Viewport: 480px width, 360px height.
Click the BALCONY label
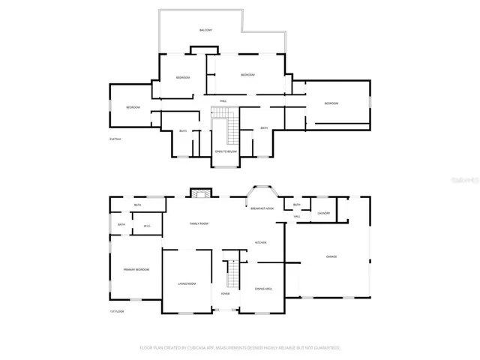click(205, 30)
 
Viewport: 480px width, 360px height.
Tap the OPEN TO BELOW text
click(226, 151)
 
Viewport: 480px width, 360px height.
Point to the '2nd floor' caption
click(115, 139)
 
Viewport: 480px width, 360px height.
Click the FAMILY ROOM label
click(199, 223)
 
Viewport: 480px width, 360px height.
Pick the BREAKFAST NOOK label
click(262, 208)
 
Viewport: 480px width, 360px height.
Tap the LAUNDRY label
click(324, 213)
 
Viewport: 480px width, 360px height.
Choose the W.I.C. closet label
click(148, 226)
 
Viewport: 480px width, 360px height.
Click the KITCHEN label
click(261, 242)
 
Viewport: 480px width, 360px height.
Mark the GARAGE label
click(331, 256)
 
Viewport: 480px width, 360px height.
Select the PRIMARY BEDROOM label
click(137, 269)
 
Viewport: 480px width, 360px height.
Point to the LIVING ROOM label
click(187, 283)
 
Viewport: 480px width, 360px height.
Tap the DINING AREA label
click(263, 289)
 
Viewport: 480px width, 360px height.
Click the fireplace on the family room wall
click(199, 193)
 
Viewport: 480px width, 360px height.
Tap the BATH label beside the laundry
click(297, 205)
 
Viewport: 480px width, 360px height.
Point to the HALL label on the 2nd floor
click(223, 101)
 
